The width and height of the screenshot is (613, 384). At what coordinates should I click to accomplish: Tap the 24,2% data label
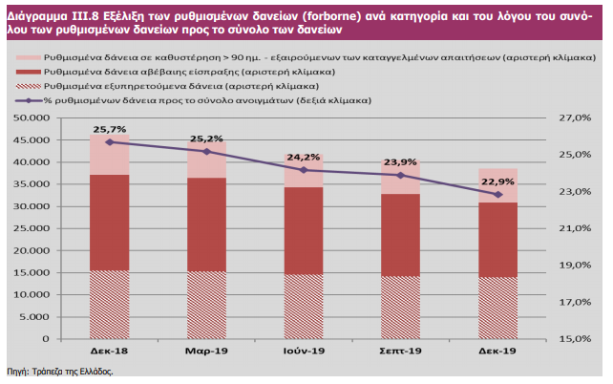point(304,157)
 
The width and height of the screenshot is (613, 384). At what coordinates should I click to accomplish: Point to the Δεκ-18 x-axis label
point(110,352)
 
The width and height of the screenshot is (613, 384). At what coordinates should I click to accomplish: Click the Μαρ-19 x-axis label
point(206,352)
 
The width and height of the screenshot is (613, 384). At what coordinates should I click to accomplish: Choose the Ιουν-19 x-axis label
point(304,352)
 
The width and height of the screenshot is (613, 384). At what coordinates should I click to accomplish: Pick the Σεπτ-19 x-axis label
point(400,352)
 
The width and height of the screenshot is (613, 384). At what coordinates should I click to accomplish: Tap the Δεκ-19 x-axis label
point(497,352)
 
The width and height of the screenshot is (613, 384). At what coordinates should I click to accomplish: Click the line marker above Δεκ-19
point(497,194)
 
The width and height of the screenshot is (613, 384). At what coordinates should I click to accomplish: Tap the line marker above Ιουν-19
point(304,170)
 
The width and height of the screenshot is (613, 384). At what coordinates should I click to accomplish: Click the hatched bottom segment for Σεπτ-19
point(400,308)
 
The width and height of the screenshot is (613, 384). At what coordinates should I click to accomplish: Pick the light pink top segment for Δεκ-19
point(497,185)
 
